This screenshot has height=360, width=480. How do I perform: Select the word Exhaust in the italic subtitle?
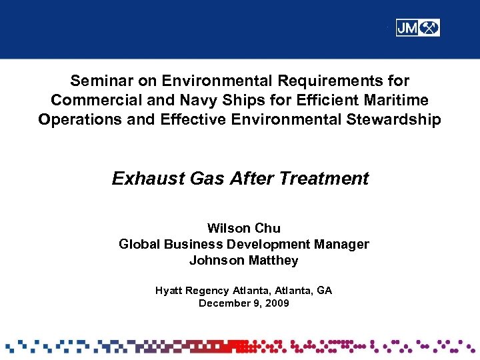pos(142,179)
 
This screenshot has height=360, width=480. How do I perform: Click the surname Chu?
pos(267,229)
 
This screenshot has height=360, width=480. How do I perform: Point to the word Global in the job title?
pos(139,245)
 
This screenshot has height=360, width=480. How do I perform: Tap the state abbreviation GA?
pos(324,291)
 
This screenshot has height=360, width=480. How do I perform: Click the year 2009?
pos(277,303)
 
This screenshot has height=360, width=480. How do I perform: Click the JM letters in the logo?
pos(408,28)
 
